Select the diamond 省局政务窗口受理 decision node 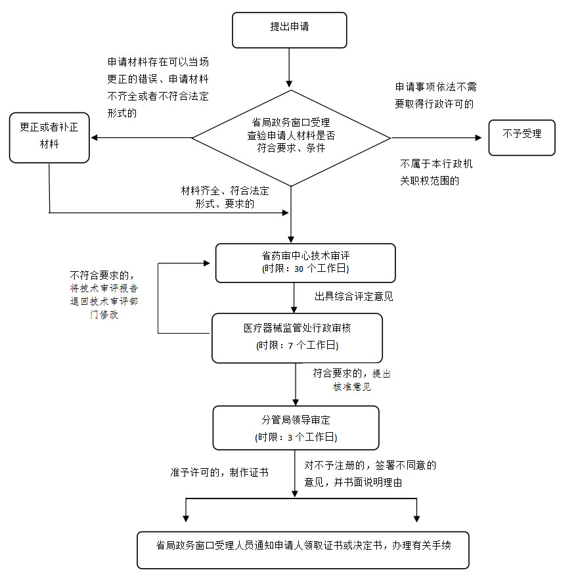291,137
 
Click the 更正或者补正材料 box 49,137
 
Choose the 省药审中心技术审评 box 305,262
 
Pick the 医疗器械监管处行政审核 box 297,337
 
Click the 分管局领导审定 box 296,428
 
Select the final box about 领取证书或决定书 303,549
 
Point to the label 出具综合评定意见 353,296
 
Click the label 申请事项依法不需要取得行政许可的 435,95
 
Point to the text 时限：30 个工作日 305,270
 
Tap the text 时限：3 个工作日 296,437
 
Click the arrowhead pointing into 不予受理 478,137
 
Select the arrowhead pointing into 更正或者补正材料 95,137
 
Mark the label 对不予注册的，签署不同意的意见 370,474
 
